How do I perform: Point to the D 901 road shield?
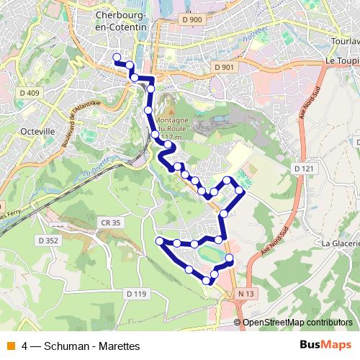[x=225, y=67]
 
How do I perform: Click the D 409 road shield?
[x=30, y=93]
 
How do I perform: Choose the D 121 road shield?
[x=305, y=168]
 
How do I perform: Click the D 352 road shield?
[x=49, y=240]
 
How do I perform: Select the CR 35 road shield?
[x=111, y=224]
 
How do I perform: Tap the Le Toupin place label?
[x=342, y=61]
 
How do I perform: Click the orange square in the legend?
[x=9, y=346]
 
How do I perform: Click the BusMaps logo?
[x=325, y=346]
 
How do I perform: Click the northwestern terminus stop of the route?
[x=117, y=58]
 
